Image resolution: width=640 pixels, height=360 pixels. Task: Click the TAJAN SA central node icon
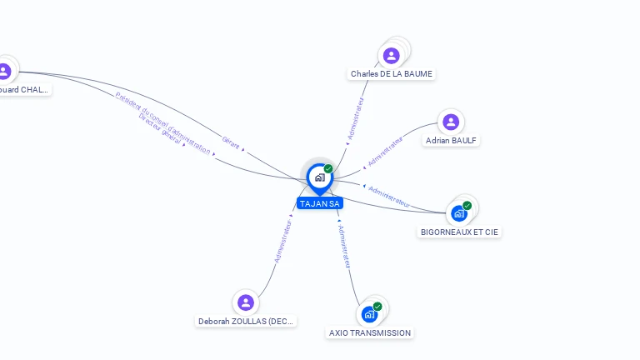coord(319,177)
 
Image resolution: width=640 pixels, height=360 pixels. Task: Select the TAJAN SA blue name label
coord(320,203)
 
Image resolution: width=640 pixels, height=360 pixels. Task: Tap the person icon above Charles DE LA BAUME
coord(391,56)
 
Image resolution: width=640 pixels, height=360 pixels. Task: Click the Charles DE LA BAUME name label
coord(392,74)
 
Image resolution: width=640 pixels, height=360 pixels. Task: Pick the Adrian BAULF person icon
coord(451,122)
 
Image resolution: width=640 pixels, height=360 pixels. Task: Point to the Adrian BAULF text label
coord(451,141)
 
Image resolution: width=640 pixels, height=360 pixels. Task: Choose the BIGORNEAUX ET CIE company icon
coord(459,213)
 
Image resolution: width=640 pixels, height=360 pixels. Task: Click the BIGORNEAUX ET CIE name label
coord(460,232)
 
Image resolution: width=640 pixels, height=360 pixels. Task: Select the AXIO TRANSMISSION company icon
coord(369,314)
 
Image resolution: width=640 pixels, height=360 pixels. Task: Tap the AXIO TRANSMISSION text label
coord(370,332)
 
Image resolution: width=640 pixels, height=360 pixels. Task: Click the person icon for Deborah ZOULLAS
coord(245,302)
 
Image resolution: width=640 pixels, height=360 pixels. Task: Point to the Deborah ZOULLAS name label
coord(246,321)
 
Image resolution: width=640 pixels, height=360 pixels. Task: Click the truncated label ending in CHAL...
coord(23,89)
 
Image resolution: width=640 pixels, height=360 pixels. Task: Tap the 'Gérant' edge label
coord(231,142)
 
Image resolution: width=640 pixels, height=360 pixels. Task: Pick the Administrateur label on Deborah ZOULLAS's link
coord(283,241)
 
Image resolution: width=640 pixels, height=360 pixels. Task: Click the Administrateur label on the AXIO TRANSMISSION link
coord(343,246)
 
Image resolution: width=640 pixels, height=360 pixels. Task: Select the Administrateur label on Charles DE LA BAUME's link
coord(356,117)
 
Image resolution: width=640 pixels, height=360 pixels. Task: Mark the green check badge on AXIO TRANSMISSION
coord(377,307)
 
